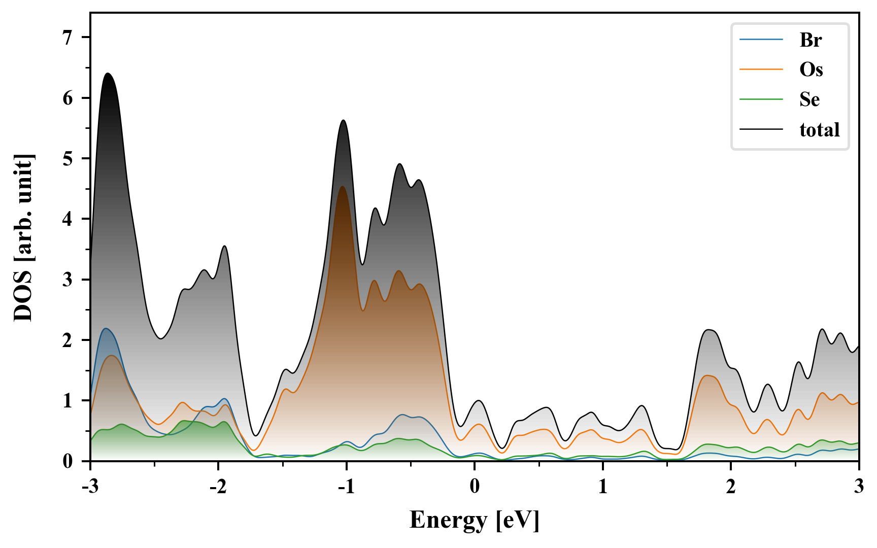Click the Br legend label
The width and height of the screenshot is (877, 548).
click(811, 40)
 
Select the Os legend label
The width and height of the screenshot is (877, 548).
click(811, 70)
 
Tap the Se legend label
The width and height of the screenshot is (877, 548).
click(809, 99)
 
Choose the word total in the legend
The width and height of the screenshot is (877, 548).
click(820, 130)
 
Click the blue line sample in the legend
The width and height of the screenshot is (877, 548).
click(761, 40)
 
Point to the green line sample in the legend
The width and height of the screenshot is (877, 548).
click(761, 99)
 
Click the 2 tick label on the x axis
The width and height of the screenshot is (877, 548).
click(731, 487)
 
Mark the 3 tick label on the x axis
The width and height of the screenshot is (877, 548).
click(859, 487)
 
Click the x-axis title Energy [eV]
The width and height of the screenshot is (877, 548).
click(475, 520)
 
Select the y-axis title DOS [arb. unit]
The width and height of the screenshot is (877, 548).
click(23, 237)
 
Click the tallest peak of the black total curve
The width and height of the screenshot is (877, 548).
click(108, 74)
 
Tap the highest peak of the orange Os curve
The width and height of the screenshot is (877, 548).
click(343, 187)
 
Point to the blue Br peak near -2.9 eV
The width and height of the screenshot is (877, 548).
click(106, 329)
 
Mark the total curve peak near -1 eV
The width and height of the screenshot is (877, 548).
click(344, 120)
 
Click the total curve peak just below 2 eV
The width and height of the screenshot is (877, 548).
click(710, 330)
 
